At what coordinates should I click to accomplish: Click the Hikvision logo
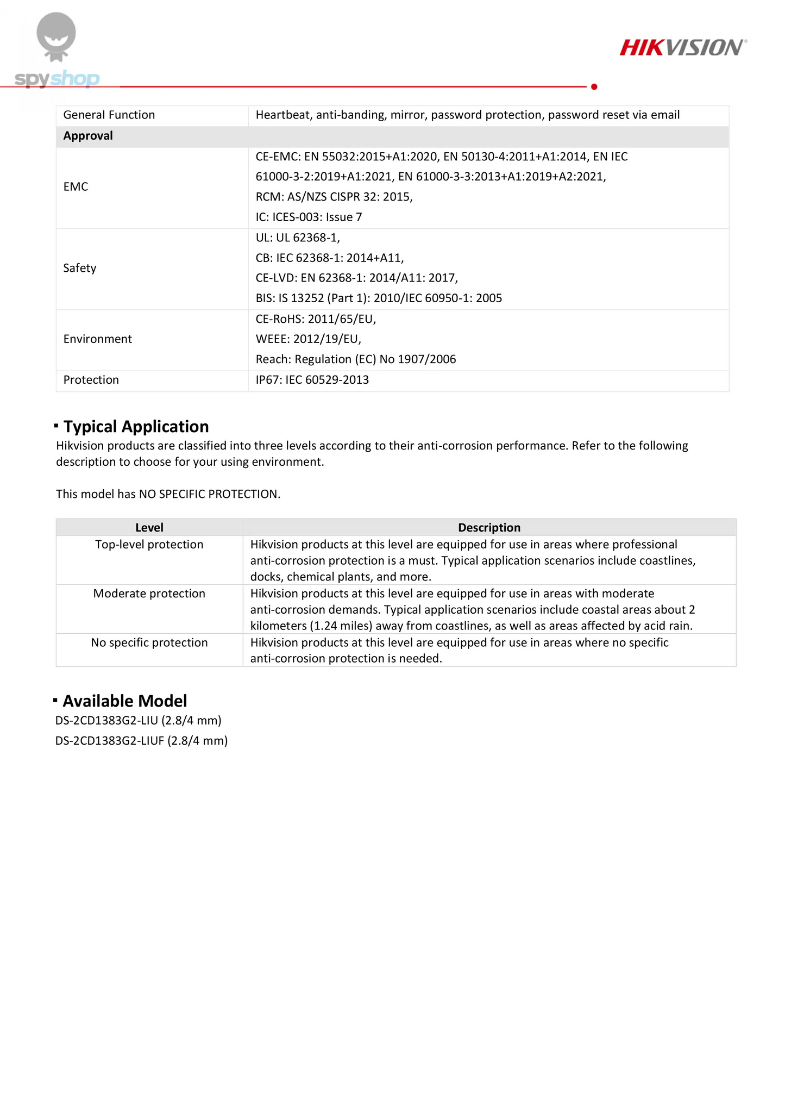(x=683, y=48)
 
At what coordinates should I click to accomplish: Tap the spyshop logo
(x=57, y=54)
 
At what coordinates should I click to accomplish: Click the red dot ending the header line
(x=594, y=87)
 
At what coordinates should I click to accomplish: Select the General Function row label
(x=109, y=115)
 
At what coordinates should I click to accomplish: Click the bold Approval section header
(x=88, y=136)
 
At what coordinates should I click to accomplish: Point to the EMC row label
(x=76, y=187)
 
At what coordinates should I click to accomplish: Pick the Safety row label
(x=80, y=268)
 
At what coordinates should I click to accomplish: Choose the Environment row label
(x=98, y=339)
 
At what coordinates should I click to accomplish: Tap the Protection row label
(x=91, y=380)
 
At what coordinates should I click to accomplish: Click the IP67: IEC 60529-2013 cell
(x=312, y=380)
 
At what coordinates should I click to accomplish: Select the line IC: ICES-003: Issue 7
(x=309, y=217)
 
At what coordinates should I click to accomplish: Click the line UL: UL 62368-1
(x=298, y=238)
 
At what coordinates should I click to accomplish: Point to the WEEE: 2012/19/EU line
(x=308, y=339)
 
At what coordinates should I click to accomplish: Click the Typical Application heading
(x=136, y=427)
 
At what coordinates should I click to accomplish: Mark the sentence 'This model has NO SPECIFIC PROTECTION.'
(x=168, y=494)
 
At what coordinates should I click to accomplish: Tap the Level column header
(x=149, y=528)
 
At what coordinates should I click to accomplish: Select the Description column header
(x=489, y=528)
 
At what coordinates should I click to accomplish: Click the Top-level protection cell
(x=149, y=545)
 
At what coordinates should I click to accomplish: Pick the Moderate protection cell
(x=149, y=594)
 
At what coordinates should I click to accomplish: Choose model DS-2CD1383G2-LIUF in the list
(x=141, y=741)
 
